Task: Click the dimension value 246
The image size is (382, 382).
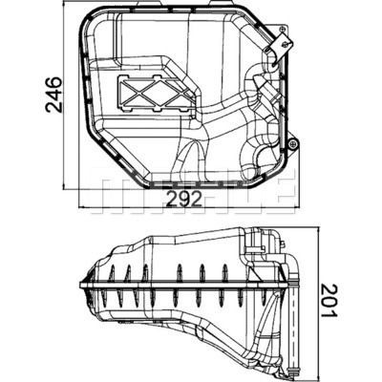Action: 53,95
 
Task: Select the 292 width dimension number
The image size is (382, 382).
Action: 184,200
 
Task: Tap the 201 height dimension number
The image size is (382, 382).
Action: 328,301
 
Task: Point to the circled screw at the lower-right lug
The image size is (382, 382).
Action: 291,144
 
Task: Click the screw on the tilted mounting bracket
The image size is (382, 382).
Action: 287,44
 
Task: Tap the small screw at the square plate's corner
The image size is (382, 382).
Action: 283,29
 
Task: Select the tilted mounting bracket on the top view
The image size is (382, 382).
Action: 279,46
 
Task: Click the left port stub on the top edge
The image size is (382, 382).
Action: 142,3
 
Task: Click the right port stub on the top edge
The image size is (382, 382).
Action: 217,3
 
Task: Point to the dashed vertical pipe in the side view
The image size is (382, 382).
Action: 292,327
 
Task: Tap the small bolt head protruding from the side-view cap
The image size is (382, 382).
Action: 282,244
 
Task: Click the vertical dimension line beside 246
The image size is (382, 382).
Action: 64,95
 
